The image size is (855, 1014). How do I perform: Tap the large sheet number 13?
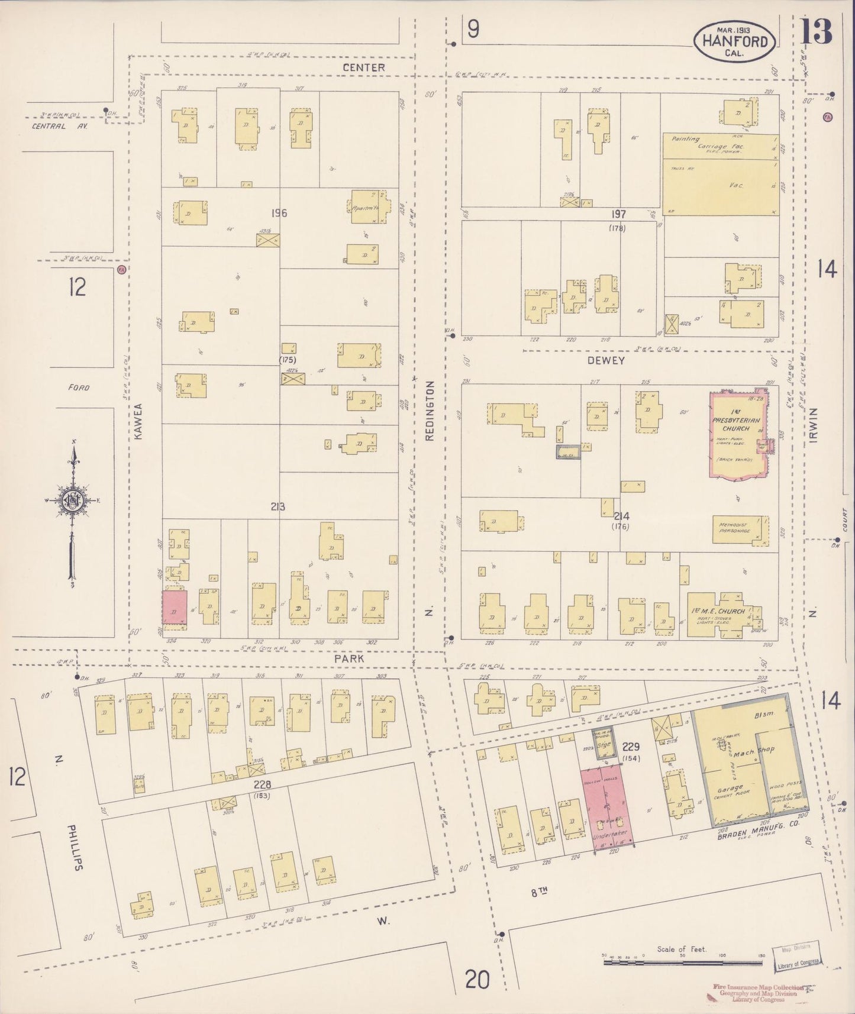tap(817, 31)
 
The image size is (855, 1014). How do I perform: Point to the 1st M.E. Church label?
tap(718, 611)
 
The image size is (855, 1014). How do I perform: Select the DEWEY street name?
tap(606, 360)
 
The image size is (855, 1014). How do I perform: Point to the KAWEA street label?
tap(138, 421)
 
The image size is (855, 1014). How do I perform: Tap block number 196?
tap(278, 213)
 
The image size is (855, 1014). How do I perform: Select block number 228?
tap(262, 784)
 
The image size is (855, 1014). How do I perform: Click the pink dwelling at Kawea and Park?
tap(175, 607)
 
